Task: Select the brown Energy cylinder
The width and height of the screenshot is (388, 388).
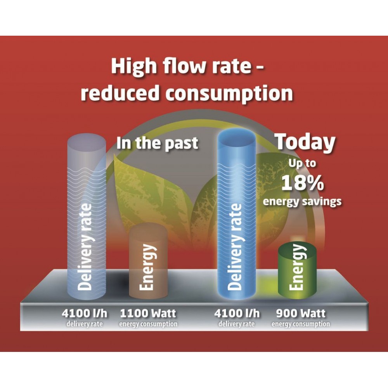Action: point(148,261)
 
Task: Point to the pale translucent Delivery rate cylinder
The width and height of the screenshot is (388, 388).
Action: point(87,217)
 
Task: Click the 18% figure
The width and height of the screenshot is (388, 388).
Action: point(302,183)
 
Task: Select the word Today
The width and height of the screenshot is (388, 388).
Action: point(306,142)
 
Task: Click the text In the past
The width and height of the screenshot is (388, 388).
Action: point(158,143)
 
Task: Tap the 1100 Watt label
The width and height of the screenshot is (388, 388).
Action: point(148,314)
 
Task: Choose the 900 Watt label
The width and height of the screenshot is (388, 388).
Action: point(301,314)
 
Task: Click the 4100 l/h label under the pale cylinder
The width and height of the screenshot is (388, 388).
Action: point(85,314)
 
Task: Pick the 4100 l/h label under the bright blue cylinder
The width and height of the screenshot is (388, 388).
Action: point(237,314)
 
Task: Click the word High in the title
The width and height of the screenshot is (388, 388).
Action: point(134,67)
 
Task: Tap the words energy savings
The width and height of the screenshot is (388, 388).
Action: point(302,201)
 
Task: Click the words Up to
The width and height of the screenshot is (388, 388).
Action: point(302,164)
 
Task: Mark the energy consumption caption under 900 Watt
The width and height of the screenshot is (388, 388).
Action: point(301,324)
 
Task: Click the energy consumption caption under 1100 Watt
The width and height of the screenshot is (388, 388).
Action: point(148,324)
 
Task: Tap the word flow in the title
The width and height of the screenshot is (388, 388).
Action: point(184,66)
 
